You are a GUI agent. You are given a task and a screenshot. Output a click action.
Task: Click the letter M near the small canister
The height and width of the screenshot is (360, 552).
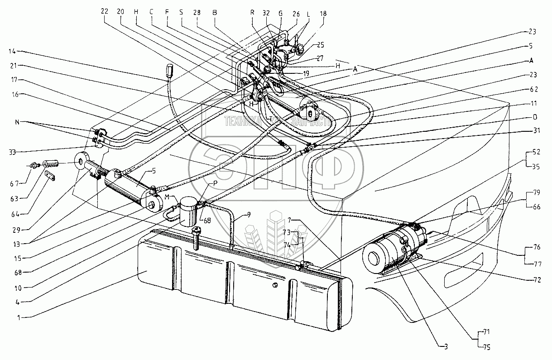[168, 196]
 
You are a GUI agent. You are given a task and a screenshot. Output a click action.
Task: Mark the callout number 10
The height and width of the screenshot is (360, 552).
[18, 286]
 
